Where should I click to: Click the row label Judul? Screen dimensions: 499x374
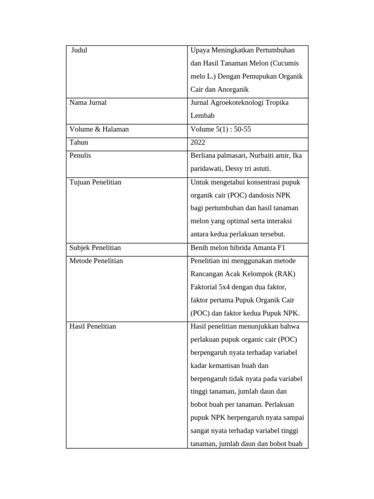click(x=79, y=50)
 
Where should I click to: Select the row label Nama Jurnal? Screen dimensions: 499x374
click(x=88, y=103)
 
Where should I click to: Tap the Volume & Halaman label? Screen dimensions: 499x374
click(x=99, y=130)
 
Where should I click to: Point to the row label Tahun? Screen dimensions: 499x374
click(x=79, y=142)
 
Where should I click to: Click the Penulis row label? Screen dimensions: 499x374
click(x=80, y=155)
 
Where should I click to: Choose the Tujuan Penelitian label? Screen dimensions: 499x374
click(x=95, y=182)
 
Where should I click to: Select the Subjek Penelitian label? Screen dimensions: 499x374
click(x=95, y=248)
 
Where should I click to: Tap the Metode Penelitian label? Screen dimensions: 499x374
click(x=96, y=261)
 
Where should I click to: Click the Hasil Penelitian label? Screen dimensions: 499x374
click(x=93, y=326)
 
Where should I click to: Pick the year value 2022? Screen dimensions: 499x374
click(x=198, y=143)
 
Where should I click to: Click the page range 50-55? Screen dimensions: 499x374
click(x=242, y=130)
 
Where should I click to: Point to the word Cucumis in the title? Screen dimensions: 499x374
click(x=285, y=63)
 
